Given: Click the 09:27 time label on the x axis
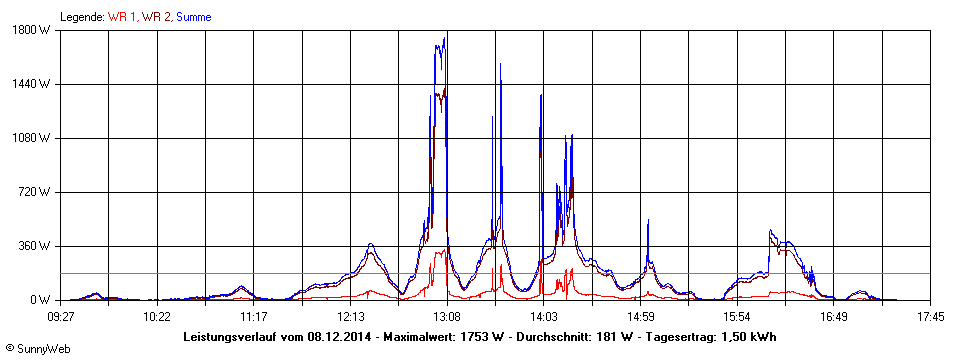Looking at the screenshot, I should [61, 316].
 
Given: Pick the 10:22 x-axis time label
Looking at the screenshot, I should [156, 316].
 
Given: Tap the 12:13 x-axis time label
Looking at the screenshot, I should [350, 316].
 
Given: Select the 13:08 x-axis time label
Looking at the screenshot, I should [446, 316].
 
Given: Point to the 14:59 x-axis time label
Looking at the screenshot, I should [640, 316].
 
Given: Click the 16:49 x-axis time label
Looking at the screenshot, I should [834, 316].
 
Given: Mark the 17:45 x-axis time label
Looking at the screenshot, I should [930, 316].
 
